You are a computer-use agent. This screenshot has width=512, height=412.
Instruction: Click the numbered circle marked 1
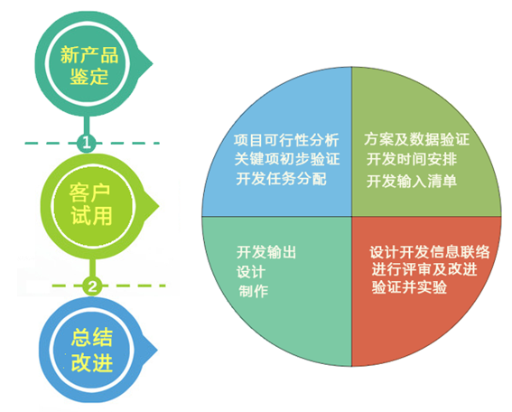[x=86, y=143]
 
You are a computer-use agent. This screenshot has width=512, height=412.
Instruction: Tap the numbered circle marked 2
[x=92, y=286]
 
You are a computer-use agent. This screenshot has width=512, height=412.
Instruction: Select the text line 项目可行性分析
[x=286, y=140]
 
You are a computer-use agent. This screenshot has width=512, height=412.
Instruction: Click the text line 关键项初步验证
[x=287, y=159]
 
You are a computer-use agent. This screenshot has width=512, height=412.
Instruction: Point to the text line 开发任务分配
[x=281, y=179]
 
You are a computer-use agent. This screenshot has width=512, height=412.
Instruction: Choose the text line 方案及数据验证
[x=416, y=139]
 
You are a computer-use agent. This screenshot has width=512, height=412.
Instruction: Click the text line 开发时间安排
[x=412, y=159]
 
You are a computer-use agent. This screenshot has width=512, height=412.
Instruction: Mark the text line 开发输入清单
[x=412, y=181]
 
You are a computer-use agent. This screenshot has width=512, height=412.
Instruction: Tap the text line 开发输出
[x=266, y=252]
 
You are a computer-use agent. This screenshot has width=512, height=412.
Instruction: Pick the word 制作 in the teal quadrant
[x=253, y=291]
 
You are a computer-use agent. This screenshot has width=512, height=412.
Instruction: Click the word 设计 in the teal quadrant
[x=251, y=272]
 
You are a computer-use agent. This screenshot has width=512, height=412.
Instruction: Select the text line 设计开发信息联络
[x=430, y=252]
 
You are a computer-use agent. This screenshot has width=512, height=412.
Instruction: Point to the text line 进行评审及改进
[x=424, y=269]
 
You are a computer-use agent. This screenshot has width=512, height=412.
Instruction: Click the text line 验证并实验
[x=409, y=287]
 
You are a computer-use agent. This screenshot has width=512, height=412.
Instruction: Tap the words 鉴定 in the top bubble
[x=88, y=77]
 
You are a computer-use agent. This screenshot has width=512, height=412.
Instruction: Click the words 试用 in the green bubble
[x=92, y=216]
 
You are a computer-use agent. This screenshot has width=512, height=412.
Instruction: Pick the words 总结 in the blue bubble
[x=92, y=338]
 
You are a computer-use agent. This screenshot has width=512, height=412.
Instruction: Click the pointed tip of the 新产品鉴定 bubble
[x=153, y=63]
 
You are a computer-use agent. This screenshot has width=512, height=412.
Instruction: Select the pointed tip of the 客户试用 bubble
[x=159, y=206]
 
